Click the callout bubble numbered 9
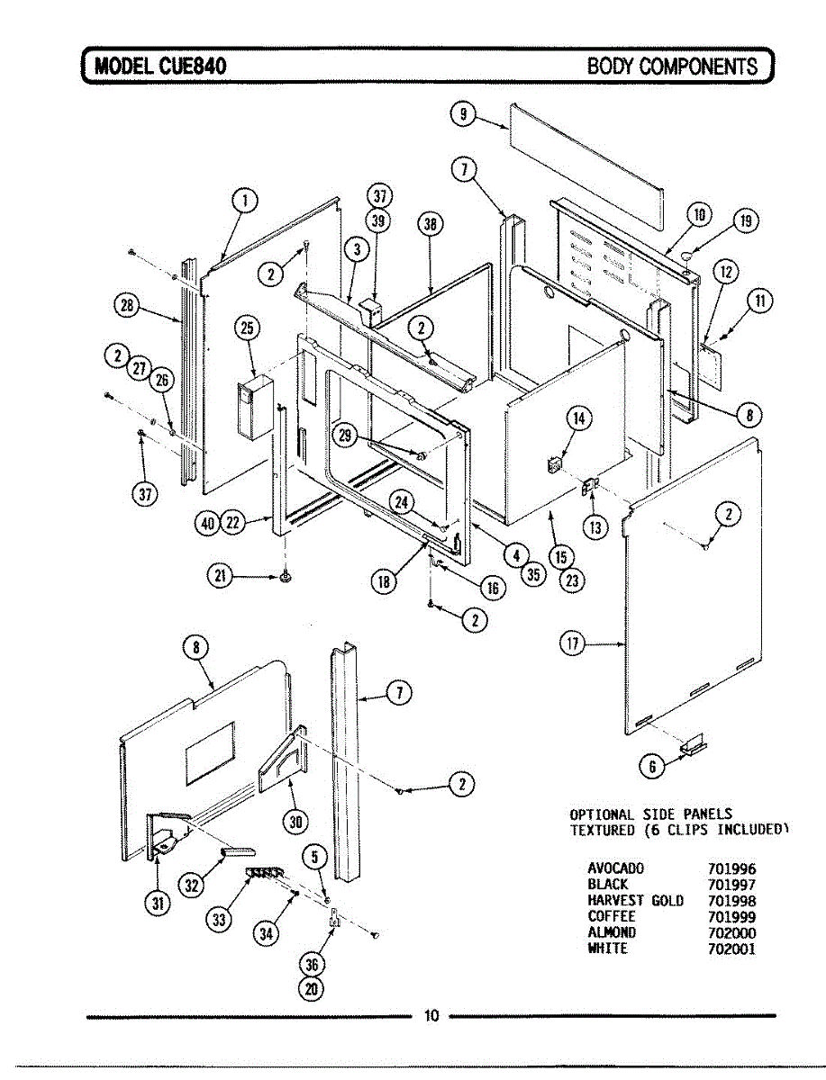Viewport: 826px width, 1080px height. pos(462,114)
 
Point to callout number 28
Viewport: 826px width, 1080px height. pos(127,305)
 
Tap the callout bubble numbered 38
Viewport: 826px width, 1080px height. pos(431,226)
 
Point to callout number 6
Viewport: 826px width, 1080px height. pos(650,766)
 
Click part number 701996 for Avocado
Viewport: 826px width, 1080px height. pos(731,869)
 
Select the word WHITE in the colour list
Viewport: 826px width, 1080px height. pos(607,949)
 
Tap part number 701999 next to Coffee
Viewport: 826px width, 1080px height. pos(731,916)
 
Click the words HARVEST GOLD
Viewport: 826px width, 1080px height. pos(635,901)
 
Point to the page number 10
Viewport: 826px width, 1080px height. pos(431,1017)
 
